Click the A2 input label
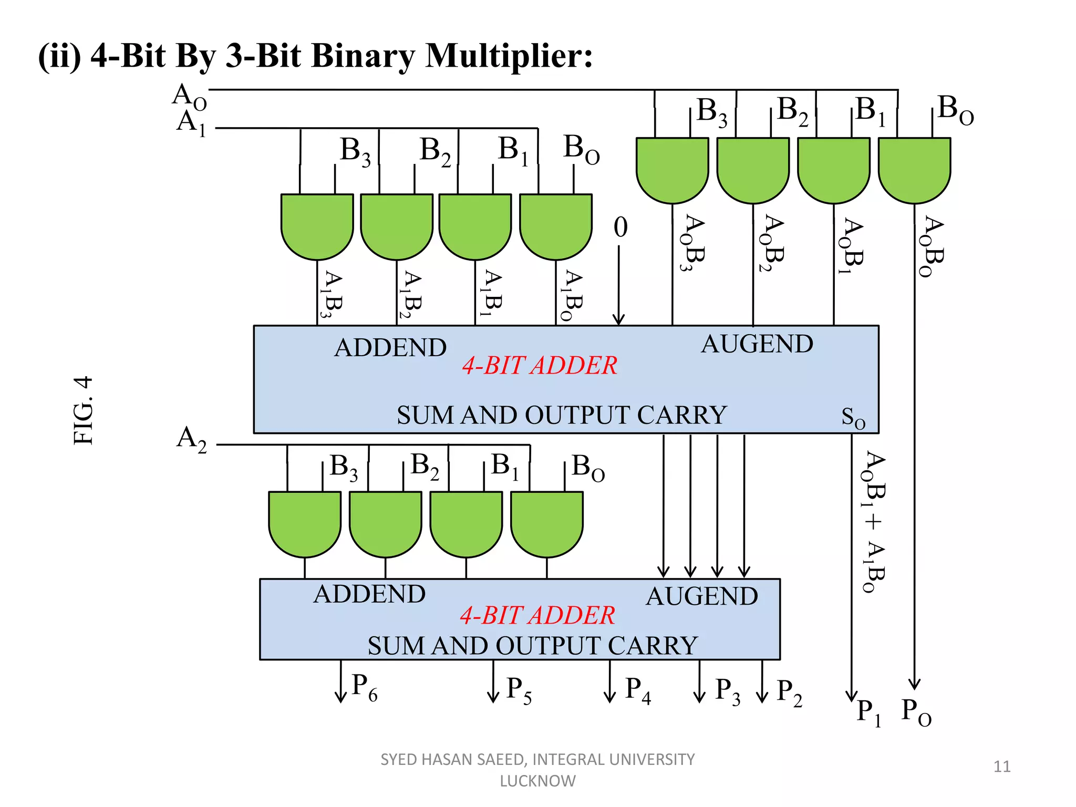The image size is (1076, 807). point(191,439)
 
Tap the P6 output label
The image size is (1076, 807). point(364,688)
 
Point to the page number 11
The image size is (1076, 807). point(1002,767)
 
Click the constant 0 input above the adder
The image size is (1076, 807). point(620,227)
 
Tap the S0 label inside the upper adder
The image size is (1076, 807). point(853,419)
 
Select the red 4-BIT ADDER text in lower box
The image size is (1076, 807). point(537,615)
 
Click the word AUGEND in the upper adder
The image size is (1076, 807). point(757,345)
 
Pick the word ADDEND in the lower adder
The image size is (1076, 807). point(369,595)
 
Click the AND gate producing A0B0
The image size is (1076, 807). point(914,169)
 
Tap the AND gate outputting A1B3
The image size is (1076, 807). point(317,226)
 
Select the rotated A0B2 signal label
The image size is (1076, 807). point(773,243)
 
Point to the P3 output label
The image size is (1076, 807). point(728,691)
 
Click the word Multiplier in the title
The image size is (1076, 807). point(509,56)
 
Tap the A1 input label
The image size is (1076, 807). point(191,123)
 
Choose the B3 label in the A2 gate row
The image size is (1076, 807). point(344,468)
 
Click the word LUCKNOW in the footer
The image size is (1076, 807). point(537,781)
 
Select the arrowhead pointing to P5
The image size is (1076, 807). point(493,698)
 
